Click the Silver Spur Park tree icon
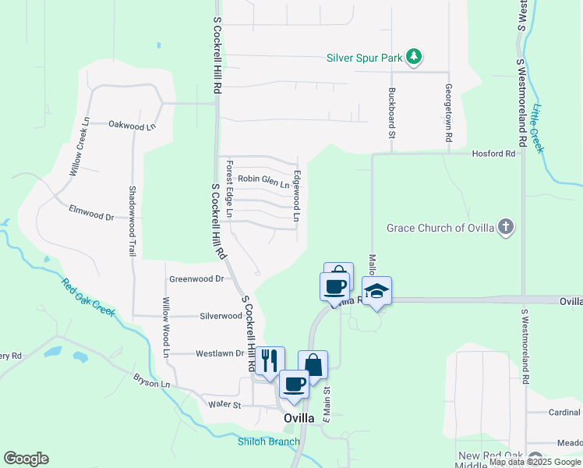[x=415, y=56]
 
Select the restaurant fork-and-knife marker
[x=270, y=360]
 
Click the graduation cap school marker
[x=377, y=291]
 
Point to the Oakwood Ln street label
[x=132, y=125]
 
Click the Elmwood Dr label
[x=91, y=210]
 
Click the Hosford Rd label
[x=494, y=154]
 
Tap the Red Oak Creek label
[x=89, y=297]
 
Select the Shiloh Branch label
[x=268, y=442]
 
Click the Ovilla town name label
[x=299, y=418]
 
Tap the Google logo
[x=26, y=459]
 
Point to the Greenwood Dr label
[x=196, y=278]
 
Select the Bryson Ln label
[x=151, y=383]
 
